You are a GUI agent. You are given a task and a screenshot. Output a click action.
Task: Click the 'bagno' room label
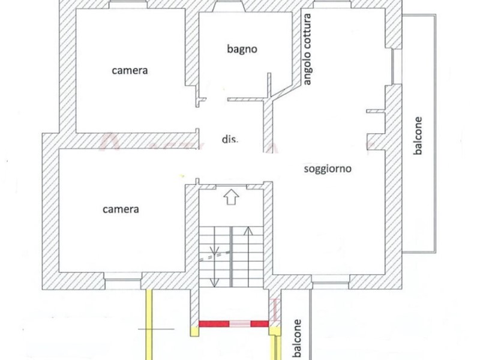[x=242, y=49]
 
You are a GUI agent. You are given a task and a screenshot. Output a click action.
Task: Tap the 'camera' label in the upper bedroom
[x=130, y=70]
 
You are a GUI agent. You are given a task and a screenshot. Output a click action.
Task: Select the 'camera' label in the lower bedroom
[x=121, y=209]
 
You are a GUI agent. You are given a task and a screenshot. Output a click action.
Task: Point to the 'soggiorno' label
[x=327, y=169]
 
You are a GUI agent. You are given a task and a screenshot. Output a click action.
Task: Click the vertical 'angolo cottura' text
[x=307, y=51]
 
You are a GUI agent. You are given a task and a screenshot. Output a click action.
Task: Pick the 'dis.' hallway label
[x=230, y=139]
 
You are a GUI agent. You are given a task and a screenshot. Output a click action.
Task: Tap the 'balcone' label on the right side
[x=418, y=136]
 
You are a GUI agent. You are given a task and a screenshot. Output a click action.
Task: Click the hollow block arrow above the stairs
[x=231, y=197]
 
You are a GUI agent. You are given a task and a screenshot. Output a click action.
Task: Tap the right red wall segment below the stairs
[x=260, y=324]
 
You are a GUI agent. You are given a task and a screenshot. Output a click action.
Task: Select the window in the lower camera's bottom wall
[x=123, y=277]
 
